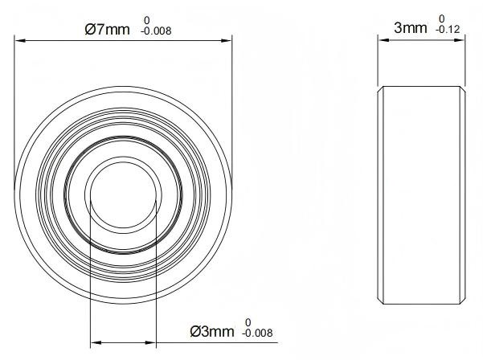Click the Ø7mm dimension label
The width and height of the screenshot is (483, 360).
point(107,30)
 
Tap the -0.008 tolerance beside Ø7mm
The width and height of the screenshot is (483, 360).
point(156,31)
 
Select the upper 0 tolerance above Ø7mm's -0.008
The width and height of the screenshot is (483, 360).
point(147,20)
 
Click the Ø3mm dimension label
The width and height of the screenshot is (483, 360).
point(212,331)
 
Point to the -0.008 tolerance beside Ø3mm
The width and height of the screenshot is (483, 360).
point(257,333)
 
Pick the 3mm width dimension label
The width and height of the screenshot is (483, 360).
point(411,28)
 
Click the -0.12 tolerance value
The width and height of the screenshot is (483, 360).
point(448,30)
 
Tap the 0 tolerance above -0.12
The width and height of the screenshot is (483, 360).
point(442,18)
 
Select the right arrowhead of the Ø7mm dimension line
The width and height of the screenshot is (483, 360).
point(226,40)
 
